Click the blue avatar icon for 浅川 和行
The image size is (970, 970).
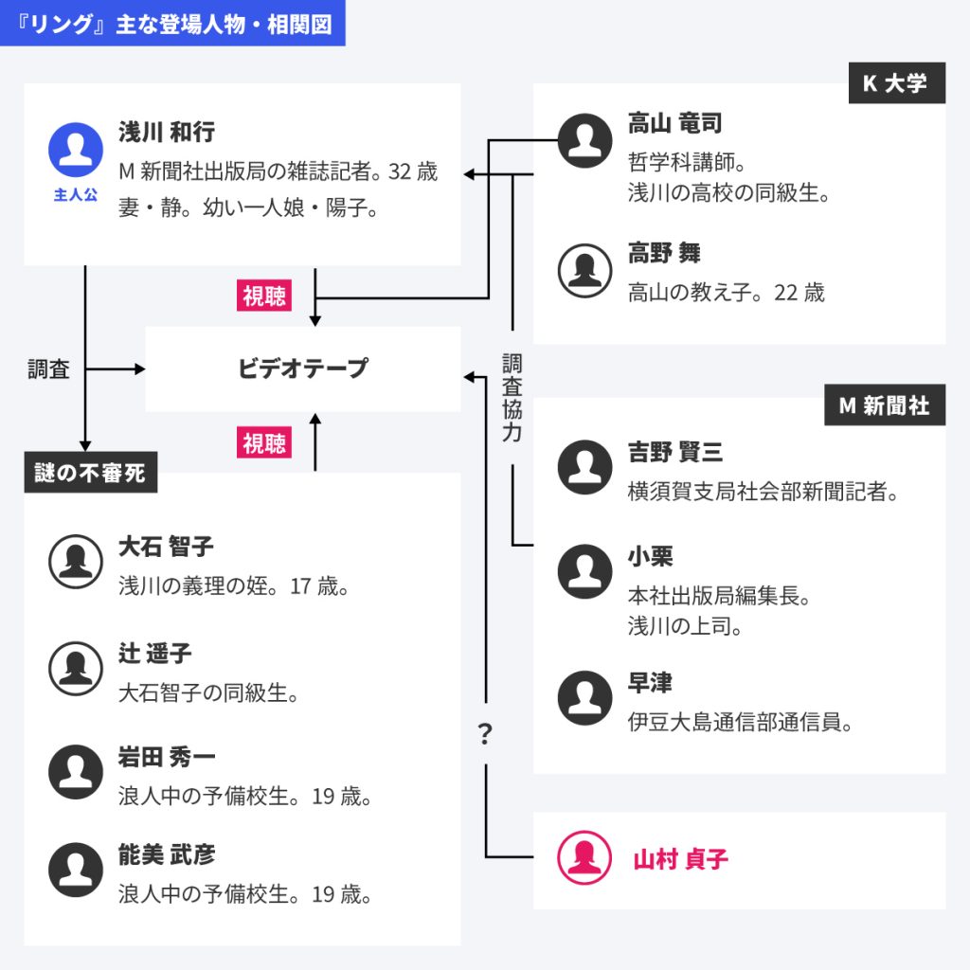click(x=76, y=150)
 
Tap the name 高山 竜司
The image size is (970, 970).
click(x=674, y=123)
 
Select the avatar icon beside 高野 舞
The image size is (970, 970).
click(x=584, y=271)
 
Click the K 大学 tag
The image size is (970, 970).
click(x=896, y=83)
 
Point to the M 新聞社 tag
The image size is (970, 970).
click(x=884, y=405)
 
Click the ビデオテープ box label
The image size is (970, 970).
click(x=302, y=368)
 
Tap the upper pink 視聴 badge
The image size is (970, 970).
click(x=263, y=296)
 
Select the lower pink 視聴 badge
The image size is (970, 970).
click(x=263, y=442)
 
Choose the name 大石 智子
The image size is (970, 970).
click(x=166, y=547)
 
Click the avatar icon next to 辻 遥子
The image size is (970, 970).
click(x=76, y=668)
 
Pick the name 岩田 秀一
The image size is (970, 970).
click(x=167, y=757)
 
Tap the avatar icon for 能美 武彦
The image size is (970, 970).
click(x=76, y=870)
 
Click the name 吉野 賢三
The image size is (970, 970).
click(x=674, y=452)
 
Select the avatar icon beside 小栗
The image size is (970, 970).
click(x=584, y=571)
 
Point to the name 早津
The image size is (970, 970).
click(x=650, y=683)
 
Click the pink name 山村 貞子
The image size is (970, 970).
click(x=680, y=859)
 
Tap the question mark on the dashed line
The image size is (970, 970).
click(x=485, y=732)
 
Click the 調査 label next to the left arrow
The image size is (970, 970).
click(x=48, y=369)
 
